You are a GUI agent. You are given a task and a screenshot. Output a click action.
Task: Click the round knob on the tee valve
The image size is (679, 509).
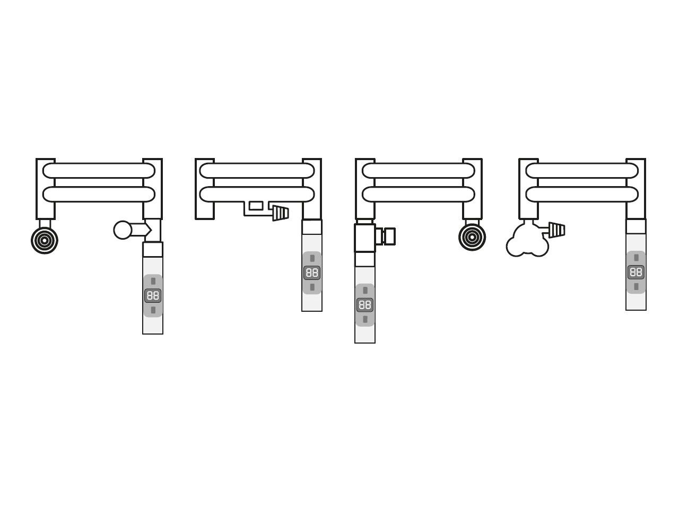pyautogui.click(x=123, y=230)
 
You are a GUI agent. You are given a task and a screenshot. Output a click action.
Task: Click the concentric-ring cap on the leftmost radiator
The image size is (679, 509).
pyautogui.click(x=45, y=240)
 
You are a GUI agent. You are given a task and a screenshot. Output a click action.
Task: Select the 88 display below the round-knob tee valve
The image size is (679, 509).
pyautogui.click(x=153, y=296)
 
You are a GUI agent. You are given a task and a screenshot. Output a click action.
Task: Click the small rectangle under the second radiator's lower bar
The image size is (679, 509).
pyautogui.click(x=256, y=206)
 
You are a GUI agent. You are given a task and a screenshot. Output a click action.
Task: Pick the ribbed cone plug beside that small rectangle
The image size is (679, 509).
pyautogui.click(x=281, y=213)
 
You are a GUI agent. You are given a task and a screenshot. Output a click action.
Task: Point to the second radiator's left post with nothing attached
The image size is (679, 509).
pyautogui.click(x=204, y=189)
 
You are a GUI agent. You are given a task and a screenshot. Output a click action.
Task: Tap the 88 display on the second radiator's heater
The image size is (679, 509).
pyautogui.click(x=312, y=273)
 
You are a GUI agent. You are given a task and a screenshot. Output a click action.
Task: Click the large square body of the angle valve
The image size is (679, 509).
pyautogui.click(x=365, y=238)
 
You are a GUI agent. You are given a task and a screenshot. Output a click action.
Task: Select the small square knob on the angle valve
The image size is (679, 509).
pyautogui.click(x=389, y=236)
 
